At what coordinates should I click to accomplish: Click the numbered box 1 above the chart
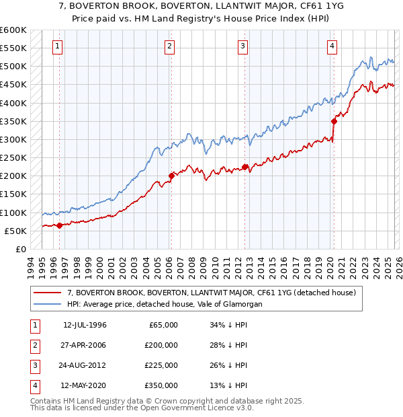coord(58,46)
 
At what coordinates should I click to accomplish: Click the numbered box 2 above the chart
coord(170,46)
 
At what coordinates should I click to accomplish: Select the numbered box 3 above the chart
coord(242,46)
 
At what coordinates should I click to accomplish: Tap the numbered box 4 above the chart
coord(332,46)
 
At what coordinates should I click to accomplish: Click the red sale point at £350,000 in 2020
coord(334,121)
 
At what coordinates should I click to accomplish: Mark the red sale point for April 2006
coord(171,176)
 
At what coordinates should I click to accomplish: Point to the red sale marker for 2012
coord(245,167)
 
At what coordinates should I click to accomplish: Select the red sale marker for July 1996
coord(59,225)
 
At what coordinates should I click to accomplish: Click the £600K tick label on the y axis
coord(13,30)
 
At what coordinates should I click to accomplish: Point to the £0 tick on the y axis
coord(21,249)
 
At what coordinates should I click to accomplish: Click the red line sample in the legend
coord(48,293)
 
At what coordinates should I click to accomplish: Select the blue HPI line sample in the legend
coord(48,304)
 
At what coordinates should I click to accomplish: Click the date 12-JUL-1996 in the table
coord(85,325)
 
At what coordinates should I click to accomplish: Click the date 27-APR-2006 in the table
coord(85,345)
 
